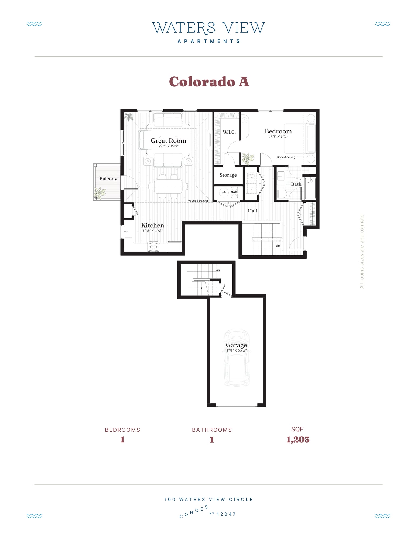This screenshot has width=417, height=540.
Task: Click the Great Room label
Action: click(168, 141)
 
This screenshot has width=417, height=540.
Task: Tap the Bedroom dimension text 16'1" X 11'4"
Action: click(278, 137)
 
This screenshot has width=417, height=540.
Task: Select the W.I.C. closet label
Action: click(229, 132)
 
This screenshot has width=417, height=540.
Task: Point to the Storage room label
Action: click(228, 175)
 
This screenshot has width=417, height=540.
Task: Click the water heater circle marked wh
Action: click(224, 192)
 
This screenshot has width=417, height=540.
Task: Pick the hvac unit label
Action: click(234, 192)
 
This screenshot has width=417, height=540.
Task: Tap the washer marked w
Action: click(251, 177)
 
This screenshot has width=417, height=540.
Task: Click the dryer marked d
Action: click(251, 188)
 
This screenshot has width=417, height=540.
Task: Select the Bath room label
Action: click(296, 184)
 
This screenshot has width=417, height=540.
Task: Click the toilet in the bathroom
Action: click(282, 194)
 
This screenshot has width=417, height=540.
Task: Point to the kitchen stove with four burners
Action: click(153, 247)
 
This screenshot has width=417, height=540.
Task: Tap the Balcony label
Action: click(108, 179)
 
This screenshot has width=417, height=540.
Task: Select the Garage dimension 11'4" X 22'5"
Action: click(236, 351)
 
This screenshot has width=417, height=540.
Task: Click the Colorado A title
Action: click(209, 82)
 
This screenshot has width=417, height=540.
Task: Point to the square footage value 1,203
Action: click(298, 440)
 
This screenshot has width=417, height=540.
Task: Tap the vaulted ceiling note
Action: click(198, 201)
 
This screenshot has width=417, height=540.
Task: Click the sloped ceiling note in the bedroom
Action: click(286, 157)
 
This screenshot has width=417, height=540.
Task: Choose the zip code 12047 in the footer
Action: click(226, 514)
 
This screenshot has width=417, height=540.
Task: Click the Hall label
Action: click(252, 211)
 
